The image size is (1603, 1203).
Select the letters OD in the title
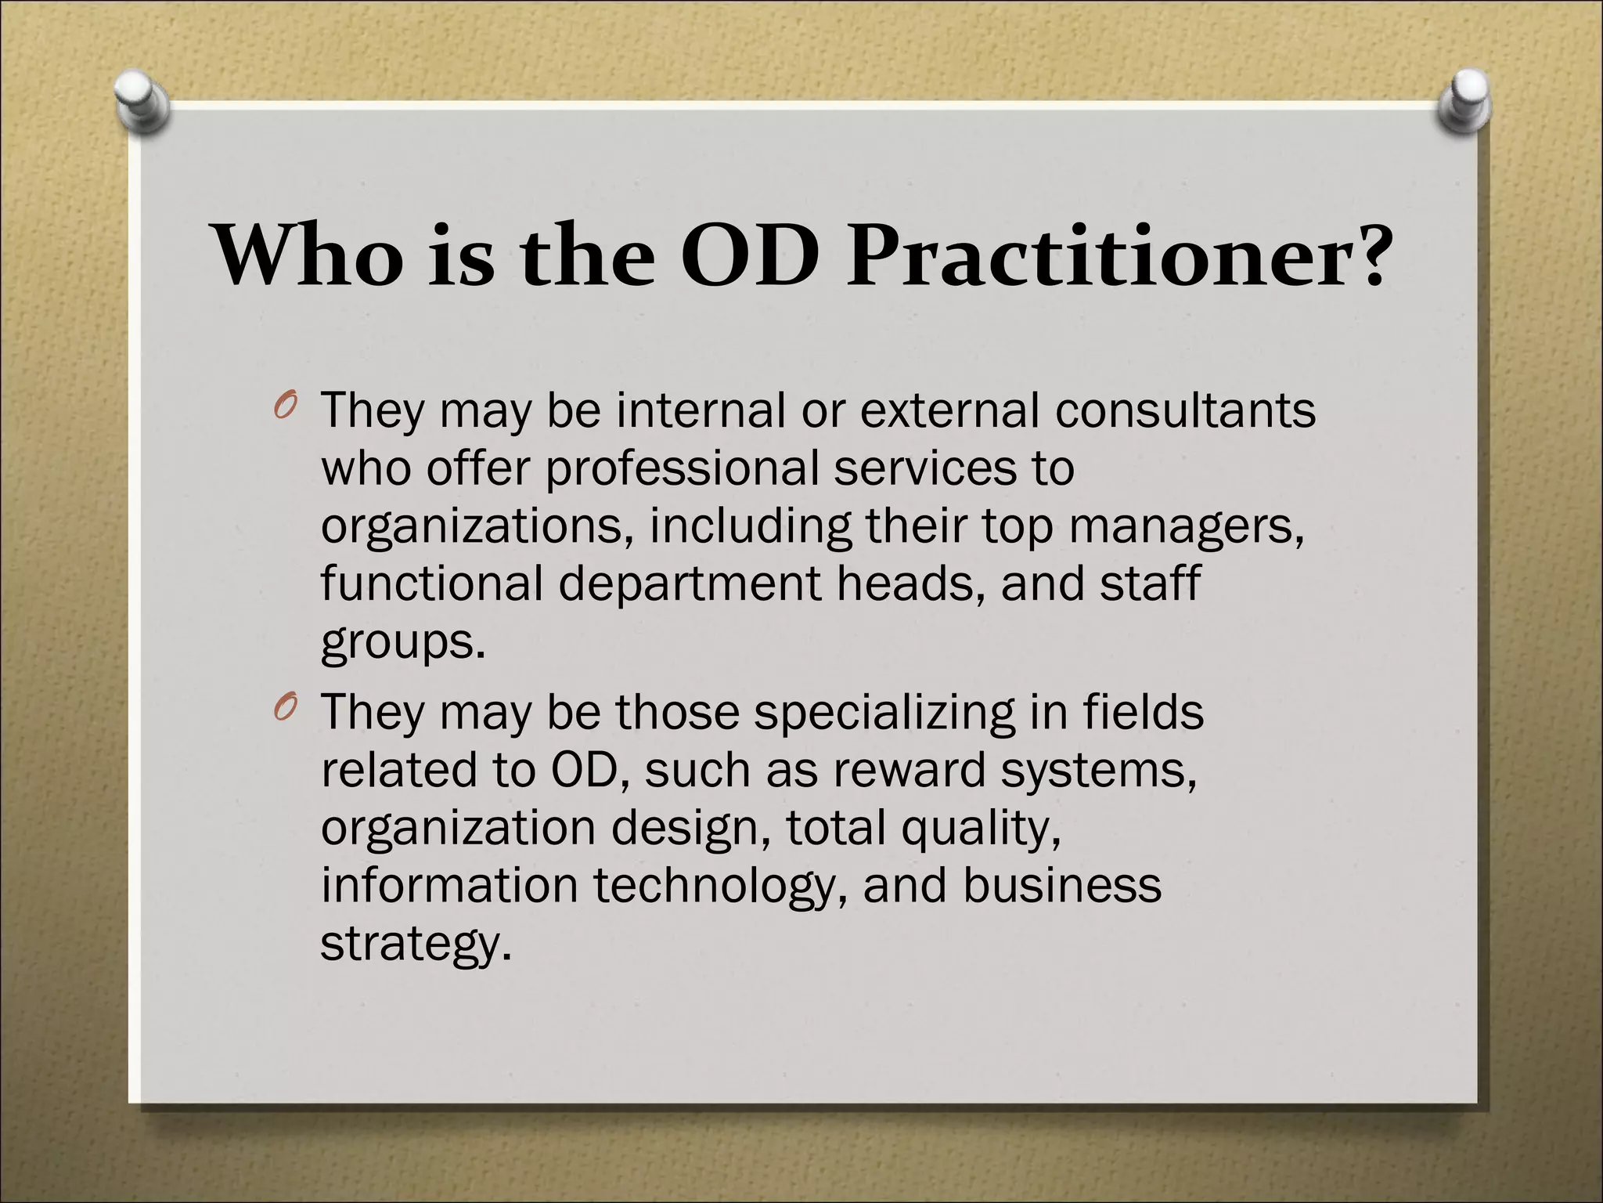tap(752, 256)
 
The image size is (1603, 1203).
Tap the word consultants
tap(1185, 410)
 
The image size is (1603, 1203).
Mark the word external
tap(950, 410)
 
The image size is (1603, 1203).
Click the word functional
tap(431, 583)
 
